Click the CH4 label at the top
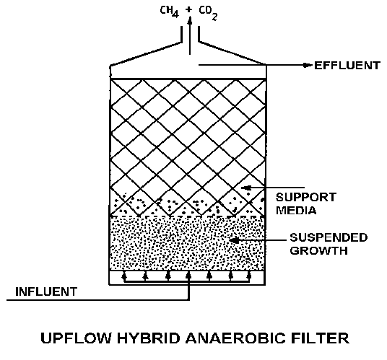pyautogui.click(x=169, y=12)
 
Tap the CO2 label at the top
pyautogui.click(x=208, y=13)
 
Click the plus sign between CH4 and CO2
pyautogui.click(x=189, y=9)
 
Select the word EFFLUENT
pyautogui.click(x=347, y=66)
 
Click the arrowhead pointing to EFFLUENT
pyautogui.click(x=308, y=65)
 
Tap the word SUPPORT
pyautogui.click(x=306, y=197)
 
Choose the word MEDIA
pyautogui.click(x=296, y=211)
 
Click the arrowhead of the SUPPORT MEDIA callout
pyautogui.click(x=245, y=188)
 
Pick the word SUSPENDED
pyautogui.click(x=329, y=237)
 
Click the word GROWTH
pyautogui.click(x=318, y=250)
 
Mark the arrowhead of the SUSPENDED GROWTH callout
pyautogui.click(x=235, y=240)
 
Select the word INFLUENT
pyautogui.click(x=46, y=291)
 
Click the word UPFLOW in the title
pyautogui.click(x=76, y=338)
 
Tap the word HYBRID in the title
pyautogui.click(x=148, y=338)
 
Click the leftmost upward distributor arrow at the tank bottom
pyautogui.click(x=124, y=276)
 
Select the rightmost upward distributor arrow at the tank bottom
pyautogui.click(x=249, y=276)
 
